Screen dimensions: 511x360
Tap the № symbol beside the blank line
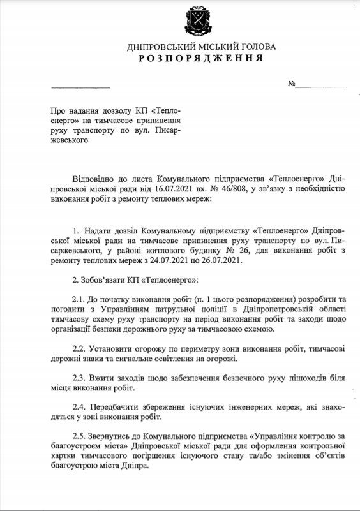(292, 84)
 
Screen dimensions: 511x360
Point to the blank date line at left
(80, 85)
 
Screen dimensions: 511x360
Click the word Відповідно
(94, 177)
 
